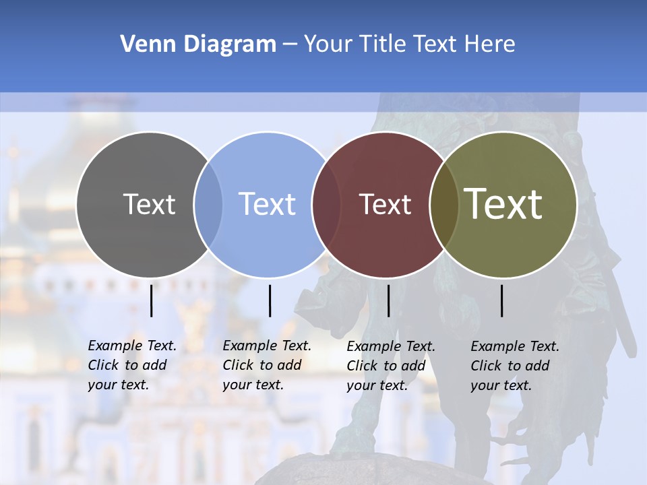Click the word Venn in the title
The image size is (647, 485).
[140, 44]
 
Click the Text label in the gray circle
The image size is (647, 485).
[149, 204]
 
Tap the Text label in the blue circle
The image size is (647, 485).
[267, 204]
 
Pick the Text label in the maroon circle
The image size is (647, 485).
[385, 204]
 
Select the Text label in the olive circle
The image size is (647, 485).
[503, 203]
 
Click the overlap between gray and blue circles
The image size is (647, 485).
[208, 204]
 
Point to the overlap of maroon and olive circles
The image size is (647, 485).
[444, 204]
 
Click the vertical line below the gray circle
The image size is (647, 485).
[152, 300]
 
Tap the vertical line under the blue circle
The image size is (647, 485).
[270, 300]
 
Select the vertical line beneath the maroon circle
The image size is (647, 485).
[388, 300]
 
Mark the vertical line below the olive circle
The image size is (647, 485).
[502, 300]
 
